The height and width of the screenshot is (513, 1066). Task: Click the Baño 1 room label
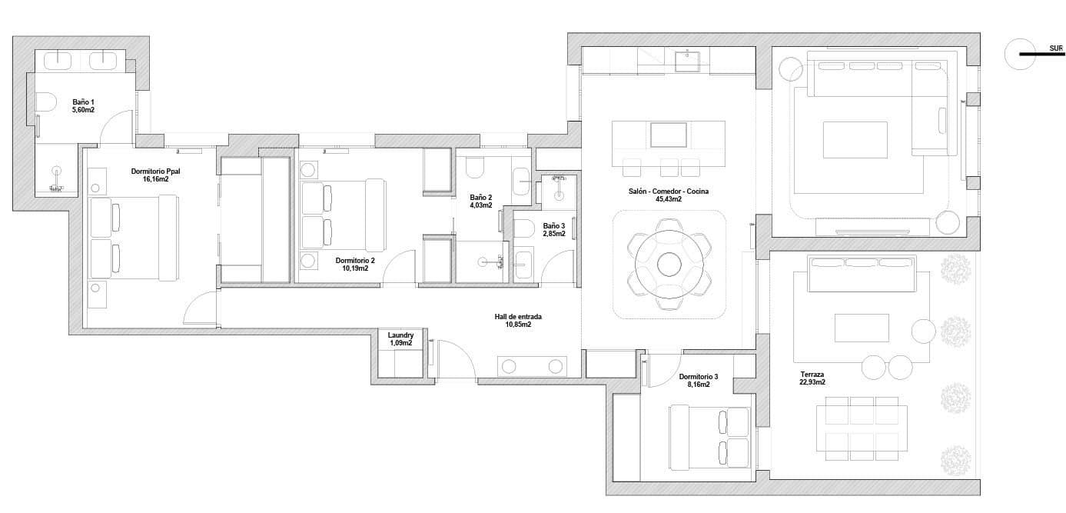point(83,102)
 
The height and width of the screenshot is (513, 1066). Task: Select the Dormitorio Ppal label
point(155,172)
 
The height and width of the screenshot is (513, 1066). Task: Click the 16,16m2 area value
point(155,179)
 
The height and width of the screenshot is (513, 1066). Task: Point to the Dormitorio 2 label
point(355,261)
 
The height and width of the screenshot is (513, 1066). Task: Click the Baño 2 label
point(480,197)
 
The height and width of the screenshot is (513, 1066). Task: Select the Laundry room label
point(400,335)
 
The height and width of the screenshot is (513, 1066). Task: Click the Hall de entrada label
point(518,317)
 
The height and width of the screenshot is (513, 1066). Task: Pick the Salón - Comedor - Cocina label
point(669,191)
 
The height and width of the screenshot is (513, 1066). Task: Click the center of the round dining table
point(669,264)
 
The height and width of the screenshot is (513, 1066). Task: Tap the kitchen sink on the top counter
point(687,60)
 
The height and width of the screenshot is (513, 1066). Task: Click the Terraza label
point(812,375)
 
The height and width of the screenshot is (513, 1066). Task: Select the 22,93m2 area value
point(812,382)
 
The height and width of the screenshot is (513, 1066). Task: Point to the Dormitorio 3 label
point(699,377)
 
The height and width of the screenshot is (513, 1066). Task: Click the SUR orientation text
point(1056,48)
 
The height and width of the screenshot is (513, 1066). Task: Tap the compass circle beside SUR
point(1019,55)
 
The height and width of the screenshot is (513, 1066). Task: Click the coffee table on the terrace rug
point(862,328)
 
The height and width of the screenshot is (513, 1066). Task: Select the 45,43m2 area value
point(669,199)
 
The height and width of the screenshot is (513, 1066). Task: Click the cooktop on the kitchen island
point(669,135)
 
